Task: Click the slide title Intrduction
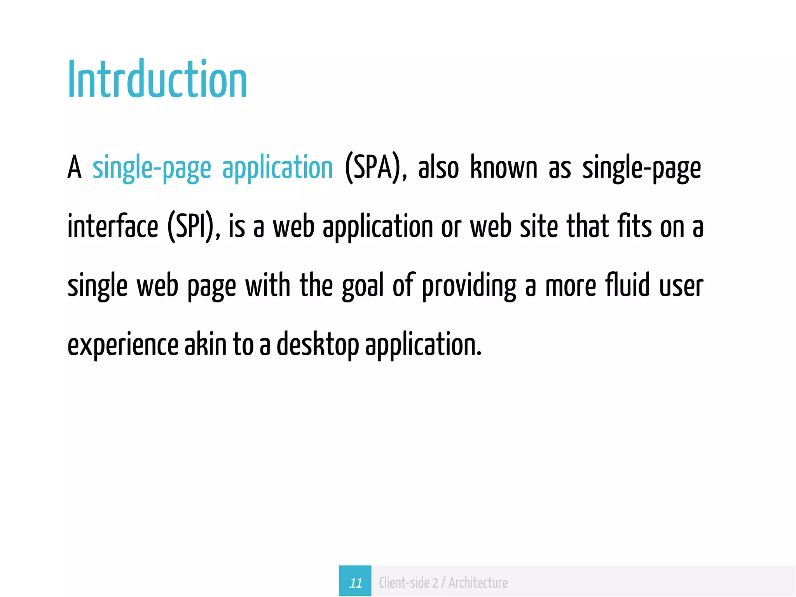[x=157, y=80]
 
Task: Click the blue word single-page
[x=152, y=168]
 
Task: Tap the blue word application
[x=278, y=168]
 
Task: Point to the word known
[x=504, y=168]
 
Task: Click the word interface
[x=113, y=227]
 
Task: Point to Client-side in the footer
[x=404, y=583]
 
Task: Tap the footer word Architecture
[x=478, y=583]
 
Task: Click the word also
[x=438, y=168]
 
